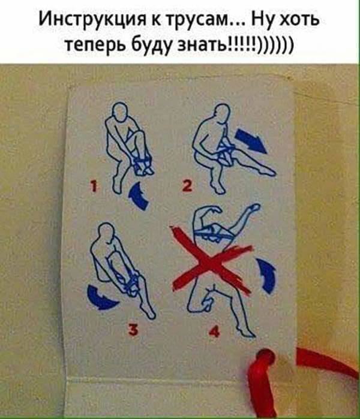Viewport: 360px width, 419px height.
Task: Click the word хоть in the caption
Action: point(299,20)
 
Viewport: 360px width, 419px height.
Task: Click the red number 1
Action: point(94,186)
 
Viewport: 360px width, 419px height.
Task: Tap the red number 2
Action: point(187,185)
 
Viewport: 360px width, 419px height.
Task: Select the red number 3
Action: point(133,330)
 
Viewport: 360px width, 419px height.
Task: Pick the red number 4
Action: point(215,331)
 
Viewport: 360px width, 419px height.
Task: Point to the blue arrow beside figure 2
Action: point(250,140)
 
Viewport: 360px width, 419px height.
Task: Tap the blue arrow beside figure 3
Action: point(101,298)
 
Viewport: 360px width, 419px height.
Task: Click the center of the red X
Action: point(211,261)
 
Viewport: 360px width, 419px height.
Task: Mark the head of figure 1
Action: point(119,111)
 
